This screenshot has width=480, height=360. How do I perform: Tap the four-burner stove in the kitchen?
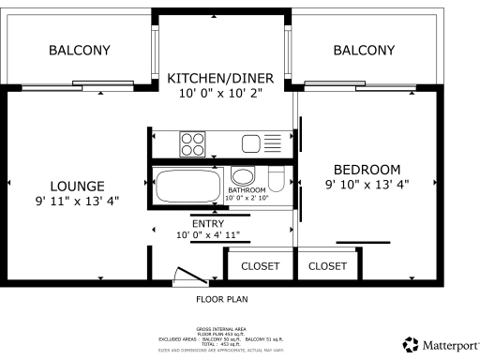(x=193, y=143)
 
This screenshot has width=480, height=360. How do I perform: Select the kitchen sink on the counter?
(x=251, y=143)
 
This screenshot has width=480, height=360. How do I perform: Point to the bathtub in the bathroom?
(x=187, y=185)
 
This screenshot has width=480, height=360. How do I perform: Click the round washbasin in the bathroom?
(x=243, y=177)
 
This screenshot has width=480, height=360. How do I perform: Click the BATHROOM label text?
(x=247, y=190)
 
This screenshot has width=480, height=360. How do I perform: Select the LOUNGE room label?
(x=77, y=186)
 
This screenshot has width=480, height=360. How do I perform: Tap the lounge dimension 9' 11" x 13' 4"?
(x=77, y=201)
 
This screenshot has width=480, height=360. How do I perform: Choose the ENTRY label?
(x=207, y=224)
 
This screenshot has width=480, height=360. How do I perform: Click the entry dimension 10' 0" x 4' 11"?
(x=207, y=235)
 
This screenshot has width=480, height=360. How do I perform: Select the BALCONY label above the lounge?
(x=79, y=51)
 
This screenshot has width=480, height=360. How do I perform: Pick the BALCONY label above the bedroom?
(x=364, y=51)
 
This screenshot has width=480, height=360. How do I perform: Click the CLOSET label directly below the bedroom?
(x=327, y=266)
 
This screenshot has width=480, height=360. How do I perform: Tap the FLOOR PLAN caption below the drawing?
(x=221, y=300)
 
